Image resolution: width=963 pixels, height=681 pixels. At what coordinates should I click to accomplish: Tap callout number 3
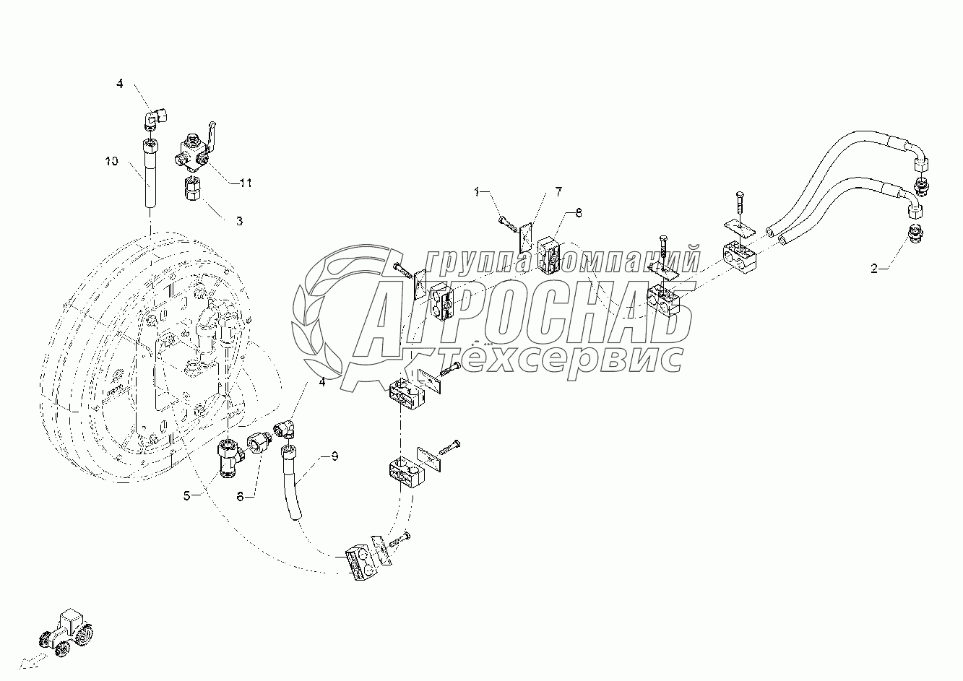(239, 220)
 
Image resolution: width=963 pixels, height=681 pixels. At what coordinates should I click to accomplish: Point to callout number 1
(477, 191)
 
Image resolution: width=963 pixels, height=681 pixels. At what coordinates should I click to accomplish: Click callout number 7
(558, 191)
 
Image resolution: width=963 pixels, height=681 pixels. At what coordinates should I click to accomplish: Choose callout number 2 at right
(875, 269)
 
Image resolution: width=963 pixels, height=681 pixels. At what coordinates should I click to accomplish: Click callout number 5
(186, 496)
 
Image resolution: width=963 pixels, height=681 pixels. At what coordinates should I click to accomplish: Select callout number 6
(242, 496)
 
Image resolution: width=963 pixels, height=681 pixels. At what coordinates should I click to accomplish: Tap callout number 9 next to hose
(334, 456)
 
